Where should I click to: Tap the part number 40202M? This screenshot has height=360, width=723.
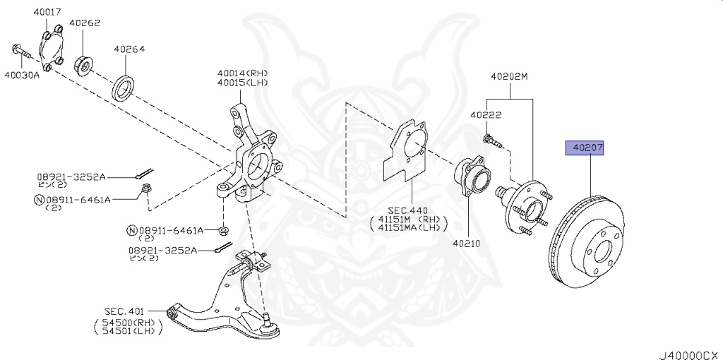509,76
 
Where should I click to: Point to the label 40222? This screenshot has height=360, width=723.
486,114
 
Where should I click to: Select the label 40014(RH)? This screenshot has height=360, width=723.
243,73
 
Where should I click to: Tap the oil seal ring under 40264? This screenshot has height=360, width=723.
125,88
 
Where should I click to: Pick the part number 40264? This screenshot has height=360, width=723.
129,49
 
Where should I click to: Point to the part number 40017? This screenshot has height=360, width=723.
46,12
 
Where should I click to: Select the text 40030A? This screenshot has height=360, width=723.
21,75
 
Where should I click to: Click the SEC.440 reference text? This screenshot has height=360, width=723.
409,210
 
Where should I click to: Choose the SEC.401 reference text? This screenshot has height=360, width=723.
125,311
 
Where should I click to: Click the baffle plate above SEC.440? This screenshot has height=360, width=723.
409,150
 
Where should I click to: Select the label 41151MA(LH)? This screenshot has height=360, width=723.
409,227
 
